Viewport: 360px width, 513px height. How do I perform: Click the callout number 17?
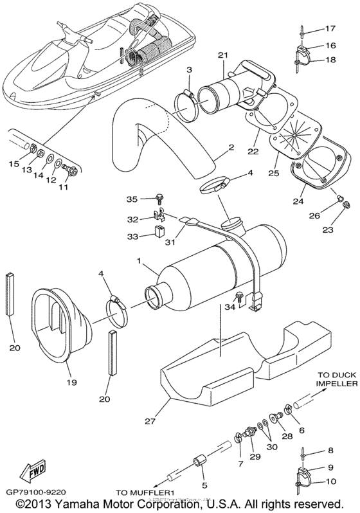(x=330, y=28)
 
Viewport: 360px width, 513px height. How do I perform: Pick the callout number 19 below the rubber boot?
(x=70, y=382)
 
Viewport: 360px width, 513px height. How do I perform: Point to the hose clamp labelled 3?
(x=188, y=98)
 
